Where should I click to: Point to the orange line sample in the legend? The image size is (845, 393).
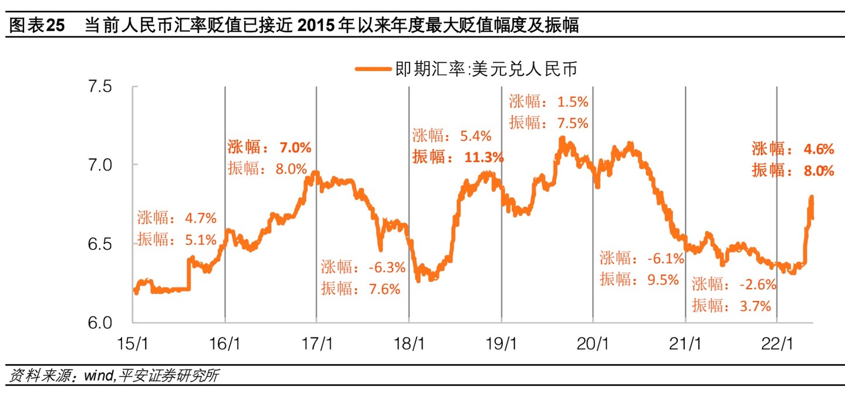[x=373, y=69]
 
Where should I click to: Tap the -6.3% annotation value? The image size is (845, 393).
[x=387, y=268]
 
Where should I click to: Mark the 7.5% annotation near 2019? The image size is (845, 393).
[x=573, y=123]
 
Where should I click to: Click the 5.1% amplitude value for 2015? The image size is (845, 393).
[x=201, y=239]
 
